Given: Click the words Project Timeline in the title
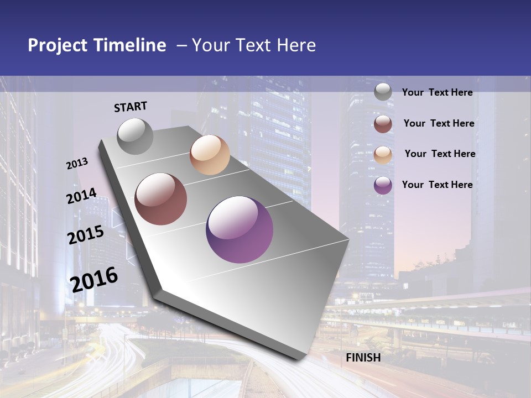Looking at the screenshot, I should (x=97, y=45).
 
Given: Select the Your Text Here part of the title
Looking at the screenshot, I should (x=254, y=45).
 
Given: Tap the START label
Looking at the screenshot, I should (x=131, y=107).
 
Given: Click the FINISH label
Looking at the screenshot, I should (x=363, y=358).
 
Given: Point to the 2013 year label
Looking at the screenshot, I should (x=77, y=164).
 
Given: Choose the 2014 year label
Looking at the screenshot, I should (x=81, y=196).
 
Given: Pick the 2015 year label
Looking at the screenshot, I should (x=86, y=235).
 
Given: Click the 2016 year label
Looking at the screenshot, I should (x=94, y=279).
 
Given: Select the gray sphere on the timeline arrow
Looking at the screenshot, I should (x=136, y=136).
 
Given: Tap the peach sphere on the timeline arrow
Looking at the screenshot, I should (x=210, y=155).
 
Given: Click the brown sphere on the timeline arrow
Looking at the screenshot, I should (x=161, y=199).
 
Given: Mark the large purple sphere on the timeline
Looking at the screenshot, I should (x=240, y=229).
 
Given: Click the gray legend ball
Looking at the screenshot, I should (x=383, y=92).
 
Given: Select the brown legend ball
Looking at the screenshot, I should (x=383, y=124).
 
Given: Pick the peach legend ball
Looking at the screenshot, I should (x=383, y=154).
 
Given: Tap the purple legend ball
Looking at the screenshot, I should (x=383, y=185).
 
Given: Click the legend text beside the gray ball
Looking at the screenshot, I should (x=437, y=93).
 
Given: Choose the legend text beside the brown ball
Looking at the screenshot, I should (x=439, y=123).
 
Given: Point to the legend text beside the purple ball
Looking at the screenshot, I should (x=437, y=185).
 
